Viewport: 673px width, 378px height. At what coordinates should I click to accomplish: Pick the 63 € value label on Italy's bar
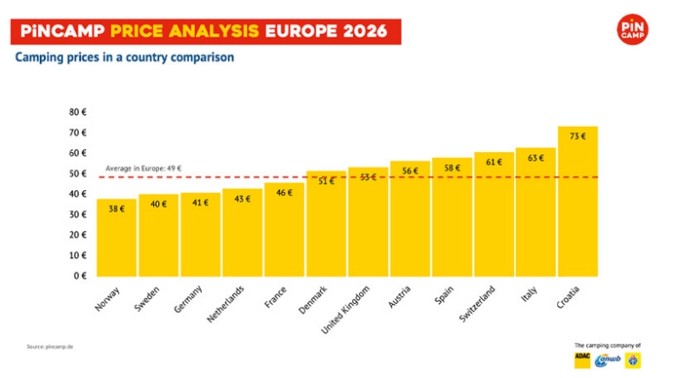point(536,158)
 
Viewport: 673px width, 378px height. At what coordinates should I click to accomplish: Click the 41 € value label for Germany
point(200,202)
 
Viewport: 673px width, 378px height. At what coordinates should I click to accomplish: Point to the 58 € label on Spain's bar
point(451,168)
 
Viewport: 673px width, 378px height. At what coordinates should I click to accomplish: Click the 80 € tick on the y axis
point(77,112)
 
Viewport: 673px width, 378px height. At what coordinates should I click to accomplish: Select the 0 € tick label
point(80,275)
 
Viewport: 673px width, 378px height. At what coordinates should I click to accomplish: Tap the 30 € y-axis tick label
point(77,214)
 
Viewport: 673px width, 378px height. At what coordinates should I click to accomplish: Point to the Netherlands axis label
point(223,303)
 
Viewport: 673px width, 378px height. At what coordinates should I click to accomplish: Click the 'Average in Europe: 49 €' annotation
point(143,168)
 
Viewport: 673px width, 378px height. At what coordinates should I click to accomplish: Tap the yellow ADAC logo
point(583,359)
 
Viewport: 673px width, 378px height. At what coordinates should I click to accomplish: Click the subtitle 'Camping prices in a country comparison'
point(124,58)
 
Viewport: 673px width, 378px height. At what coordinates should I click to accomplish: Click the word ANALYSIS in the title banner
point(214,32)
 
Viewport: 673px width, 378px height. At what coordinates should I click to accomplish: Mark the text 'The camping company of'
point(608,345)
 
